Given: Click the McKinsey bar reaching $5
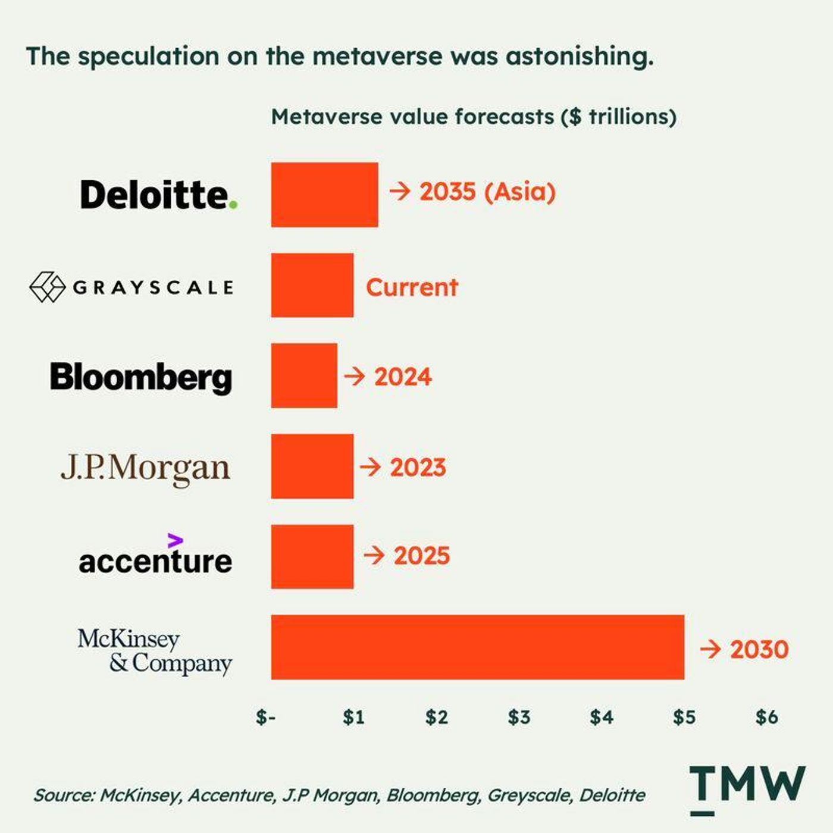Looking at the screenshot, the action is pyautogui.click(x=478, y=647).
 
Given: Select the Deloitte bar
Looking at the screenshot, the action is pyautogui.click(x=325, y=195).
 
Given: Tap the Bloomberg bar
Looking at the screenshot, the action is pyautogui.click(x=304, y=375).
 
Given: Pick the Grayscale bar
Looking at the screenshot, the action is pyautogui.click(x=312, y=286).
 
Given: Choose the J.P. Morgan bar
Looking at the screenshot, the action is pyautogui.click(x=312, y=466).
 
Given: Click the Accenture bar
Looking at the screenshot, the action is pyautogui.click(x=312, y=557).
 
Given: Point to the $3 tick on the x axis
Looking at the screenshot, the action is pyautogui.click(x=519, y=717).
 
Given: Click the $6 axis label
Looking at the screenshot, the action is pyautogui.click(x=767, y=717).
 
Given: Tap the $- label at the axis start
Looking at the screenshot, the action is pyautogui.click(x=265, y=717).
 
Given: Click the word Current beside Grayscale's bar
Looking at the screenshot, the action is pyautogui.click(x=412, y=287).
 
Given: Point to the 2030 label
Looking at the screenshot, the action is pyautogui.click(x=759, y=649).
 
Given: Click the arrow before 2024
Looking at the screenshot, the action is pyautogui.click(x=355, y=377).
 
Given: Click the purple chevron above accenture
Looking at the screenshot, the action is pyautogui.click(x=175, y=540).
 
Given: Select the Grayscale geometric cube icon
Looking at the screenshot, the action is pyautogui.click(x=48, y=287).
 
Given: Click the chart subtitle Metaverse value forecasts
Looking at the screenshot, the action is pyautogui.click(x=412, y=117).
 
